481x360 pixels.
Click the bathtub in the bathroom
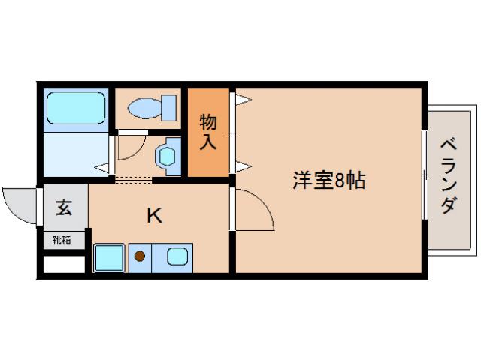76,109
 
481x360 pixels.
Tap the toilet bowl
144,109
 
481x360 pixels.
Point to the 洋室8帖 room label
328,181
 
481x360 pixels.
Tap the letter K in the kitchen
154,216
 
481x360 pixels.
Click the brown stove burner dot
140,256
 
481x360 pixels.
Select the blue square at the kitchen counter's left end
108,257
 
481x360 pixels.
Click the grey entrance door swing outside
20,202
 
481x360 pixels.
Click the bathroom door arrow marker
102,166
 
